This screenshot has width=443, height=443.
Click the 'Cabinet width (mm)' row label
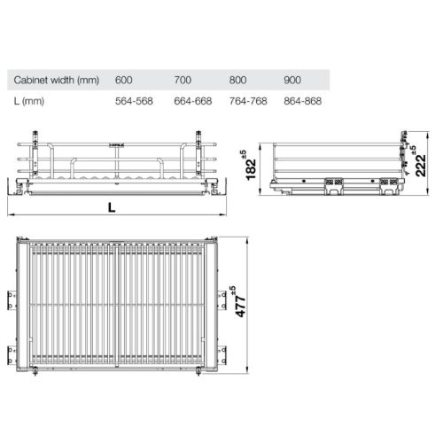[x=53, y=79]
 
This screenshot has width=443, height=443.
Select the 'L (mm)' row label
[x=28, y=101]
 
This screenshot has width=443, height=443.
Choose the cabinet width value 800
[x=238, y=79]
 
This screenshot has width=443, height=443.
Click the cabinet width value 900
[x=293, y=79]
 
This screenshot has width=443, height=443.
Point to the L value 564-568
[x=135, y=101]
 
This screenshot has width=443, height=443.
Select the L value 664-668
[x=191, y=101]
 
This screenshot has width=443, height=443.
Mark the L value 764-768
[x=248, y=101]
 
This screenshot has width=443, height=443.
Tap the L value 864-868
[x=303, y=101]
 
